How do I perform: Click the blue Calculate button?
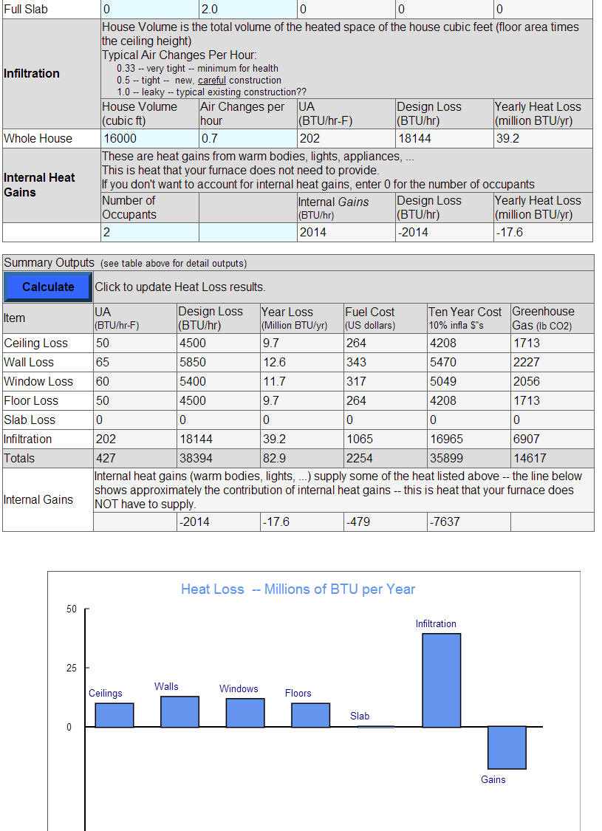pos(48,287)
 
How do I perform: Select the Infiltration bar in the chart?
pos(441,680)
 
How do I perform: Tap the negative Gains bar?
pos(507,748)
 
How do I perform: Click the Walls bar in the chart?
pos(179,711)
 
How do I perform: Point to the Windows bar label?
pos(239,688)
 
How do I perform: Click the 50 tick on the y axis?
pos(71,609)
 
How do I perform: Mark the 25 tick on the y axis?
pos(71,668)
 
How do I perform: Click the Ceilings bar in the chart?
pos(114,715)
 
